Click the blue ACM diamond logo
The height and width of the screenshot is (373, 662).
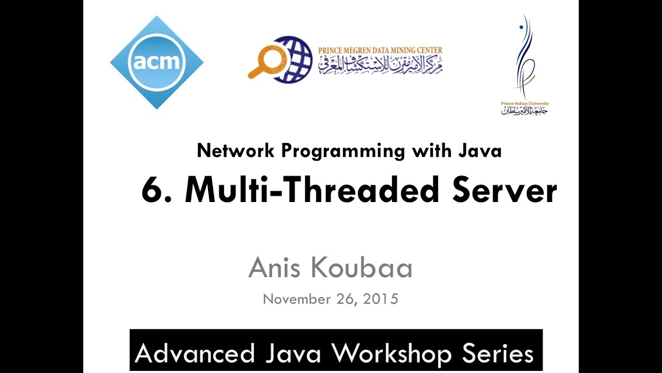coord(156,62)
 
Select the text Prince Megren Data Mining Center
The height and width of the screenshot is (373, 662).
coord(380,50)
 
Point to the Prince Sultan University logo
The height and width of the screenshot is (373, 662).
coord(525,65)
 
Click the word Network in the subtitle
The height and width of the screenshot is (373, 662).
coord(236,151)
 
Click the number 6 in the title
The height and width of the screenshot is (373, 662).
coord(154,190)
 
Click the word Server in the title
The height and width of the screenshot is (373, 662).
coord(504,190)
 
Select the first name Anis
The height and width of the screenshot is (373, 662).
coord(276,268)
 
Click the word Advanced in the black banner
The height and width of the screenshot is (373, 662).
coord(194,353)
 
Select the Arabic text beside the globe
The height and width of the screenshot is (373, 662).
coord(380,64)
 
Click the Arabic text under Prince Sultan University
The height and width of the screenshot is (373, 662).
coord(524,110)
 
